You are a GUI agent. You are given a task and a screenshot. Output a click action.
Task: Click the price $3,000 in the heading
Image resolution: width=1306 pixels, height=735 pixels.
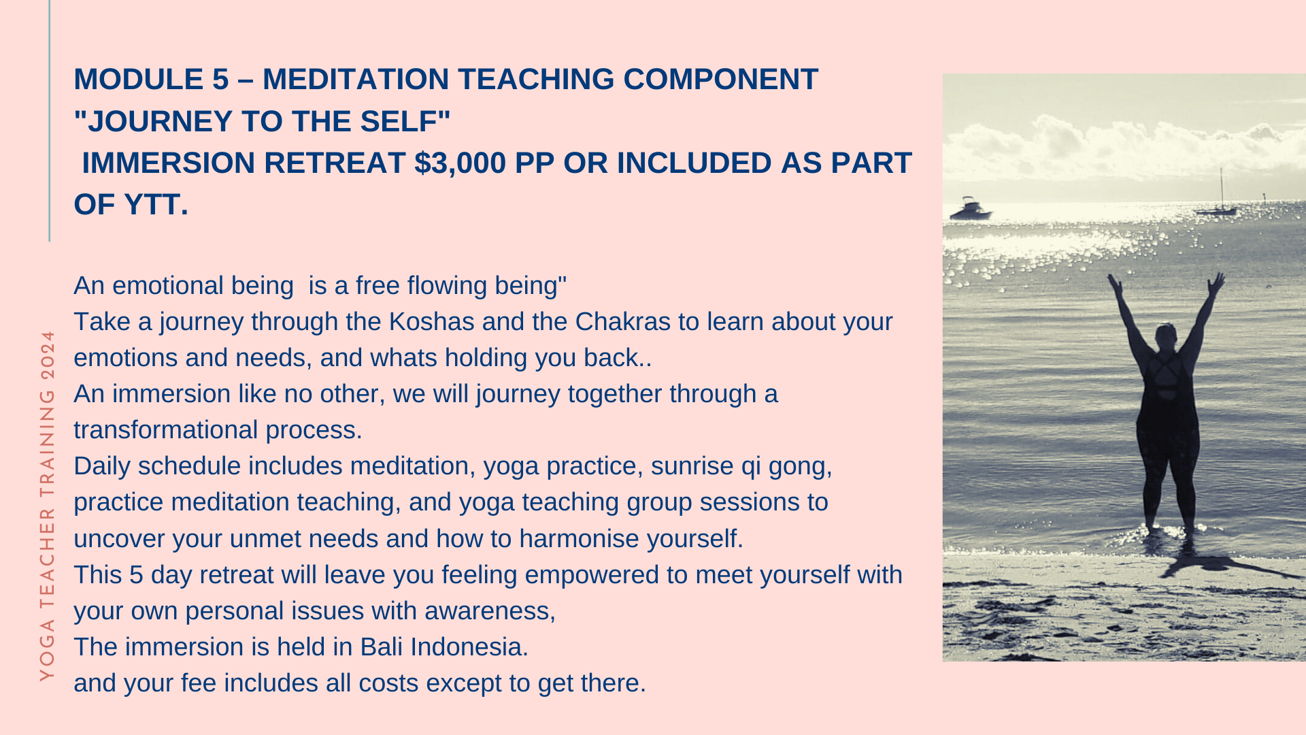pos(461,163)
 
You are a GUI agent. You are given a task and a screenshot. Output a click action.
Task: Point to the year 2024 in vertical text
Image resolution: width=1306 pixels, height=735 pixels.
pos(47,356)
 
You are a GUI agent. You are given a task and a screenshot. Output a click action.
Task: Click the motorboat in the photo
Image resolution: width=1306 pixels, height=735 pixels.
pos(969,209)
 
